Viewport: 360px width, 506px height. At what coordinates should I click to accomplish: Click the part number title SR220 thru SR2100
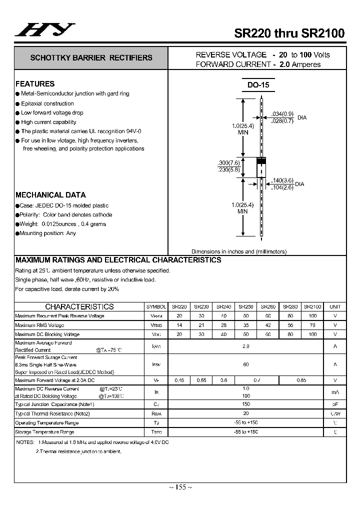pyautogui.click(x=289, y=33)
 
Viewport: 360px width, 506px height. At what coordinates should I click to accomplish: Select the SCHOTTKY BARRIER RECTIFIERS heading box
pyautogui.click(x=91, y=58)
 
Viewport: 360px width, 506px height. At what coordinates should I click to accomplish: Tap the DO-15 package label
pyautogui.click(x=258, y=85)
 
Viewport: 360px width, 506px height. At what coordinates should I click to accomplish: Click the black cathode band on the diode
pyautogui.click(x=261, y=161)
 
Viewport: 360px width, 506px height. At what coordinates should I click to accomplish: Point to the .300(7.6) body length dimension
pyautogui.click(x=229, y=163)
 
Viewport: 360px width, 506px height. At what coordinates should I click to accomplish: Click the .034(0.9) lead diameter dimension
pyautogui.click(x=282, y=114)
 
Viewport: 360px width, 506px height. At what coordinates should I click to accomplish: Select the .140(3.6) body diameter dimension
pyautogui.click(x=283, y=180)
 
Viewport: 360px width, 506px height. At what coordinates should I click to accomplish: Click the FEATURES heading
pyautogui.click(x=35, y=84)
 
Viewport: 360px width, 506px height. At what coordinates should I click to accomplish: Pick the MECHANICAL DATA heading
pyautogui.click(x=50, y=195)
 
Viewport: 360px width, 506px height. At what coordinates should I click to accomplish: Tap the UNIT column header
pyautogui.click(x=335, y=306)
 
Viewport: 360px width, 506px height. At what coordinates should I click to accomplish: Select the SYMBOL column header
pyautogui.click(x=156, y=306)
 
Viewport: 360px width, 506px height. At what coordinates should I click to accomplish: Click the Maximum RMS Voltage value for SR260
pyautogui.click(x=268, y=325)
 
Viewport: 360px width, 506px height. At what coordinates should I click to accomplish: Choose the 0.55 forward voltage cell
pyautogui.click(x=201, y=380)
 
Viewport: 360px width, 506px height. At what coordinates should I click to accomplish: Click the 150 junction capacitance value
pyautogui.click(x=245, y=404)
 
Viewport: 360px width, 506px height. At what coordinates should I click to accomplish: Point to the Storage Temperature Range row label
pyautogui.click(x=44, y=432)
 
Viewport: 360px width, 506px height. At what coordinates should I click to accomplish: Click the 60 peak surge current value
pyautogui.click(x=245, y=365)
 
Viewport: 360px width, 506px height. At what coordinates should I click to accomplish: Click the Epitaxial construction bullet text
pyautogui.click(x=47, y=103)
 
